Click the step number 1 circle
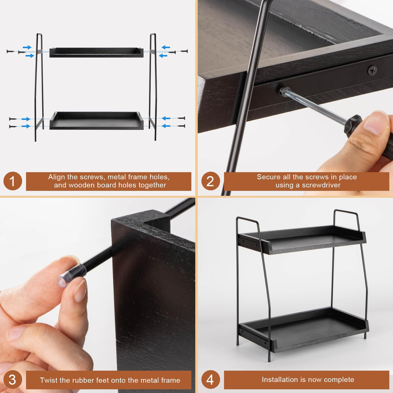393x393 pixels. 13,181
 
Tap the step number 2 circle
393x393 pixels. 210,181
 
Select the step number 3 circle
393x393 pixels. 13,380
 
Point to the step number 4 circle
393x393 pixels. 210,379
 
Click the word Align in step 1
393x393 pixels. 57,177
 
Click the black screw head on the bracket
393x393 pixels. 373,70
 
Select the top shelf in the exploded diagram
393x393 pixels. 96,52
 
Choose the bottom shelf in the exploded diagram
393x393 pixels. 96,120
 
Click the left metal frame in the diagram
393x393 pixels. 39,87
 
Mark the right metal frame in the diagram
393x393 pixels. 153,87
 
